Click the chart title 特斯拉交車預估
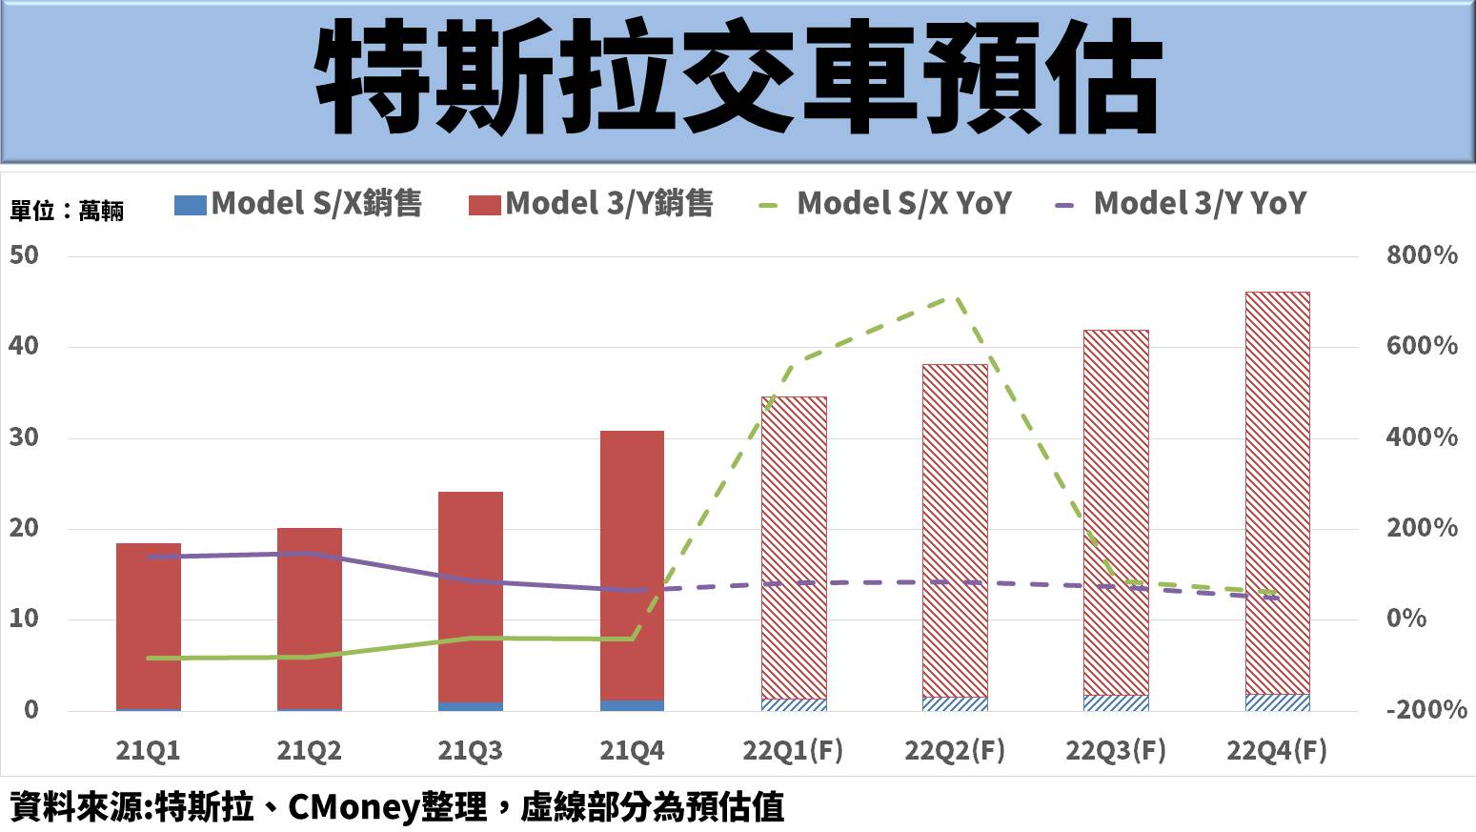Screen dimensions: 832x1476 coord(738,80)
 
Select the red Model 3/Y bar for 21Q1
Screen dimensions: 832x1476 coord(149,625)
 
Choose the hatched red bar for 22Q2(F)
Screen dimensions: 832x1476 coord(955,530)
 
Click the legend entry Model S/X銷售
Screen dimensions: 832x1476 coord(298,204)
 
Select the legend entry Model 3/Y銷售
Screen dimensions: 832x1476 coord(591,204)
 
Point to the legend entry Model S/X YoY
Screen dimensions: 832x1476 coord(886,204)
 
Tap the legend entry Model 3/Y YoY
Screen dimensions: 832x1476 coord(1182,204)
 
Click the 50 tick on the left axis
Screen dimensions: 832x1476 coord(25,255)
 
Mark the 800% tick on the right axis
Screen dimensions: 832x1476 coord(1422,255)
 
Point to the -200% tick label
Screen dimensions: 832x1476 coord(1425,710)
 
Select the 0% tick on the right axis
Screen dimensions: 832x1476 coord(1406,619)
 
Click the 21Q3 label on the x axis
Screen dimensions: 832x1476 coord(470,751)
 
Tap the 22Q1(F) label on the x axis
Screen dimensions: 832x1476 coord(793,751)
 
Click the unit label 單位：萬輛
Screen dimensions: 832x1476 coord(67,211)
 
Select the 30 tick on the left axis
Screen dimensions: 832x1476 coord(25,437)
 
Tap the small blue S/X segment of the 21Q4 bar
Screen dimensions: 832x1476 coord(632,706)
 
